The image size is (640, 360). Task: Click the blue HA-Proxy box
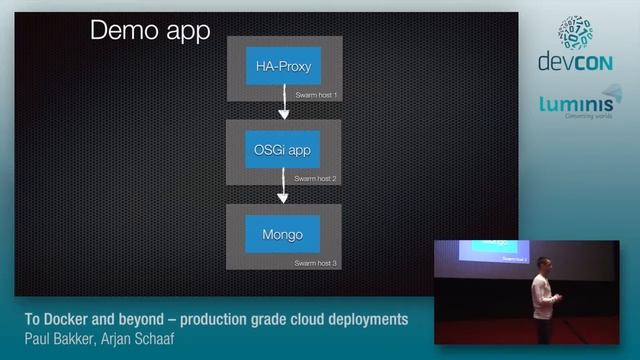283,68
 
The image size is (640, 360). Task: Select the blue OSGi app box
283,151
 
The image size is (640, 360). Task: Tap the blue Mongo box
283,235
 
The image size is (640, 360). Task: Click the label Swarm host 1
316,95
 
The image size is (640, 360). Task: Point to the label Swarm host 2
316,178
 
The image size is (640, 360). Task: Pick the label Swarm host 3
316,262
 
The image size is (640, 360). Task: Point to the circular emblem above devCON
575,30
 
